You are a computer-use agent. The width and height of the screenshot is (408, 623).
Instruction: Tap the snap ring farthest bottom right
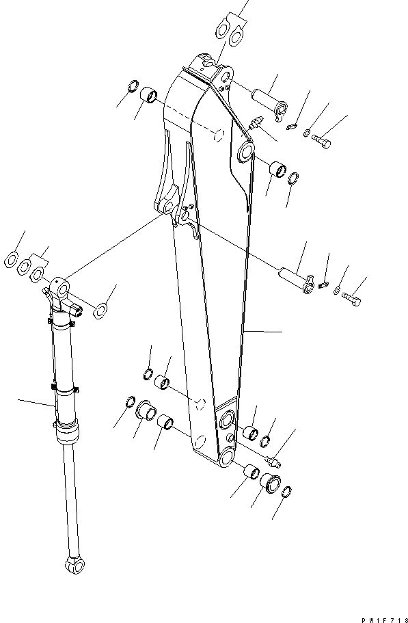[288, 491]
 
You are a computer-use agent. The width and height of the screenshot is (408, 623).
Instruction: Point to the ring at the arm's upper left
[133, 88]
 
